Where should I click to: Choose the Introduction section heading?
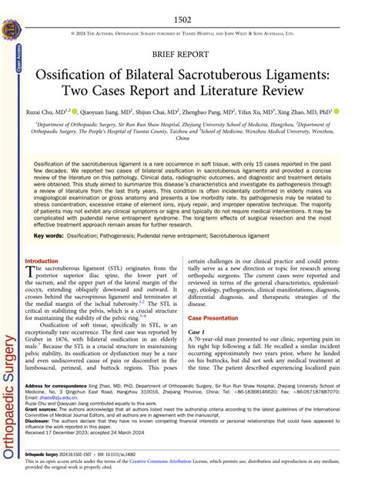click(x=42, y=261)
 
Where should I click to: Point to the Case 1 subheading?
click(x=198, y=332)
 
